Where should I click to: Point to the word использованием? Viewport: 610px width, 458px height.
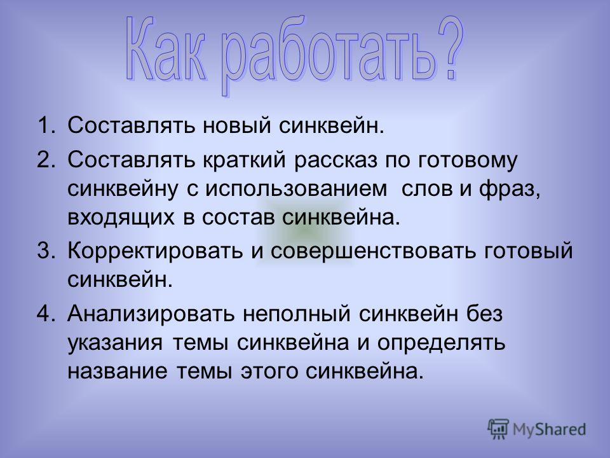coord(296,189)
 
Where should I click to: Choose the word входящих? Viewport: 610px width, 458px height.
coord(121,218)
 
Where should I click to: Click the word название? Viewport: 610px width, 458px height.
coord(117,371)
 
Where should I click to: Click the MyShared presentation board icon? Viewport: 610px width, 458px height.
coord(498,429)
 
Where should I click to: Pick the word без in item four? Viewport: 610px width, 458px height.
coord(485,313)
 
